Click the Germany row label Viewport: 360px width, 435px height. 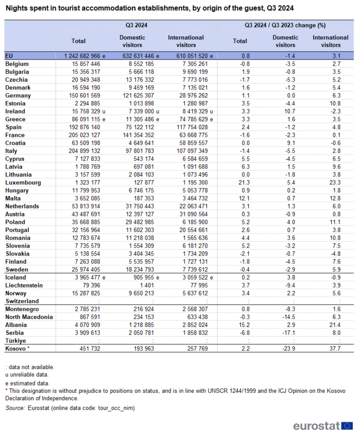(18, 95)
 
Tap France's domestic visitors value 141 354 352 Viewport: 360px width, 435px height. (138, 135)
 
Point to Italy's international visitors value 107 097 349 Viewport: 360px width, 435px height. (192, 151)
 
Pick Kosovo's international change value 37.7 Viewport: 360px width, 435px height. (335, 349)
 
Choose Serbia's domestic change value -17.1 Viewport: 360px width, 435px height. (289, 333)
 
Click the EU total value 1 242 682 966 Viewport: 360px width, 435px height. (82, 56)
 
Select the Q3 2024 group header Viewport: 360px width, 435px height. (137, 25)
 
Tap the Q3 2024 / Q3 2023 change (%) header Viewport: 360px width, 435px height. (285, 25)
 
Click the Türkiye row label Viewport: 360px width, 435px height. (15, 341)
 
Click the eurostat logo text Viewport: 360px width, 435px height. (316, 426)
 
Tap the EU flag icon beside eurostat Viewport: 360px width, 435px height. (347, 426)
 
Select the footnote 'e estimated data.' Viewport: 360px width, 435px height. (27, 383)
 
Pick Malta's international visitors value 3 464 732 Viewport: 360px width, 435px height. (195, 199)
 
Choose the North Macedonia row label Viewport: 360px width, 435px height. (29, 317)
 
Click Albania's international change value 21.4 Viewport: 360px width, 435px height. (335, 325)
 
